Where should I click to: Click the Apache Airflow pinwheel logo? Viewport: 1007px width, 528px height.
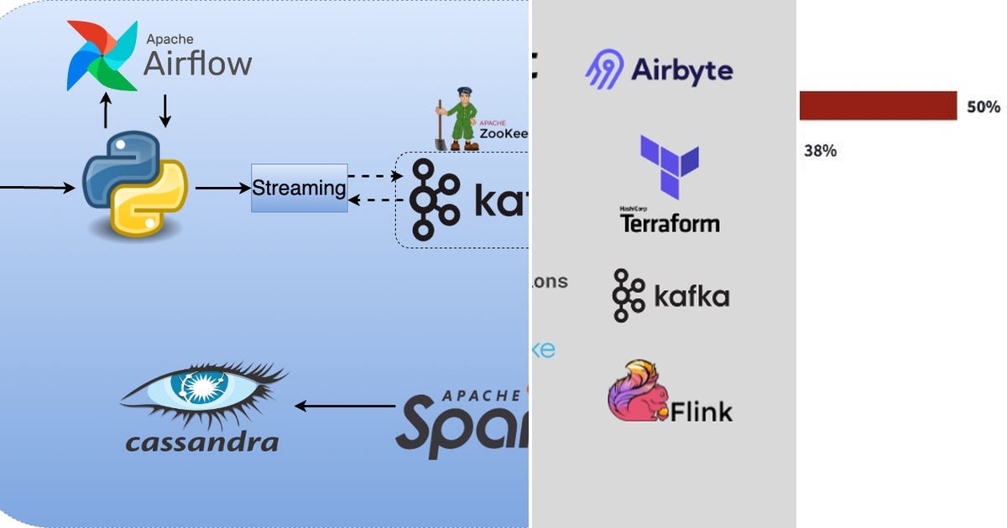(102, 56)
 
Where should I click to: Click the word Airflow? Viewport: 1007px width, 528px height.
(197, 64)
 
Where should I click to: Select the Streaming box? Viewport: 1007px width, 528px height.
(299, 188)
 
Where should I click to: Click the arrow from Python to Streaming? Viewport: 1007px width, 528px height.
(222, 189)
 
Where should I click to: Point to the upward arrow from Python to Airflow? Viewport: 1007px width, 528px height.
(106, 111)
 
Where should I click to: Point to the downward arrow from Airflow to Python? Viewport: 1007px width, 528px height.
(165, 111)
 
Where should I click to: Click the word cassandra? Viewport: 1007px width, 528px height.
(201, 442)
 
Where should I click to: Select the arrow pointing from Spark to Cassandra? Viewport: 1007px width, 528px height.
(344, 406)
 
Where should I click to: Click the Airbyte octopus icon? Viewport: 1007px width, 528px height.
(604, 69)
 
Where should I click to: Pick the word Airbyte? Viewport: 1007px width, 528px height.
(682, 70)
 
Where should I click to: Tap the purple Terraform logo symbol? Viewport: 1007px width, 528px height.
(669, 167)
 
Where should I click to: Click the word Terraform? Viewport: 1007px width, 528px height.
(670, 223)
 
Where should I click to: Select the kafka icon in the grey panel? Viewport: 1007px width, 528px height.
(629, 296)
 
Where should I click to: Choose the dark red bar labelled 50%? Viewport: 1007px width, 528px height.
(877, 106)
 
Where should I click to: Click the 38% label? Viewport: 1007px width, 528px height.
(820, 151)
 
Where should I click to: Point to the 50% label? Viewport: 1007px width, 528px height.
(984, 107)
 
